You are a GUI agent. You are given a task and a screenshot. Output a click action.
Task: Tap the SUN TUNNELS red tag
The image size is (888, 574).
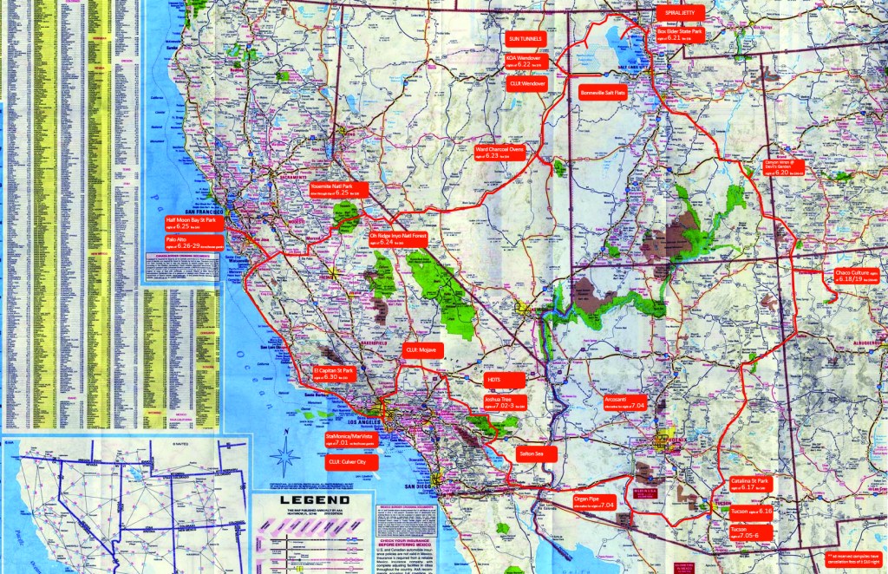point(526,39)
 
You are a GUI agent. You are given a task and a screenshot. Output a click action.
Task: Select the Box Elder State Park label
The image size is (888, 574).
point(680,35)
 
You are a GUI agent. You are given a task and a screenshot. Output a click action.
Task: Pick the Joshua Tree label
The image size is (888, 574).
point(502,402)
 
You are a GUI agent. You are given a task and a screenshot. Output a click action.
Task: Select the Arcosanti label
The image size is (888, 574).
point(625,402)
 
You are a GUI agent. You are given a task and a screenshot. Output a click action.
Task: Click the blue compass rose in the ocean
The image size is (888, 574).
point(282,452)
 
